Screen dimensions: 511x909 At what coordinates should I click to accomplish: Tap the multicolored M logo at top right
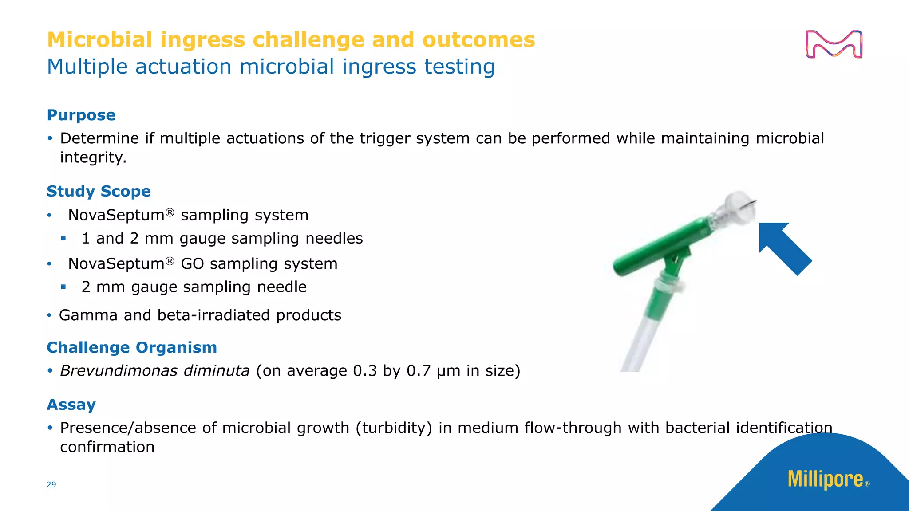tap(834, 44)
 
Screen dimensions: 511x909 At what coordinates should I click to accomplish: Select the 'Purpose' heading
tap(81, 115)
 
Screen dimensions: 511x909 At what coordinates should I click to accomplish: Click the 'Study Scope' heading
tap(99, 191)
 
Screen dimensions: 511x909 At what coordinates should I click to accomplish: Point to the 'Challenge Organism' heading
tap(132, 347)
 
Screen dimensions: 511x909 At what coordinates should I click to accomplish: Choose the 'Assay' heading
tap(71, 405)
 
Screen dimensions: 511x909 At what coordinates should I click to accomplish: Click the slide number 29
tap(51, 484)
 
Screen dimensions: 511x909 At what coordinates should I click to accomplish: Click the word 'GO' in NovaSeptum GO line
tap(192, 264)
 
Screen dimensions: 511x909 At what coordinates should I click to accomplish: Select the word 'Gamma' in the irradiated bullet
tap(88, 315)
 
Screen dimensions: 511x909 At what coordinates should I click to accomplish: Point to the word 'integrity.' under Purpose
tap(93, 157)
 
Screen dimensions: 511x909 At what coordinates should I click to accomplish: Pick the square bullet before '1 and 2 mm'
tap(63, 239)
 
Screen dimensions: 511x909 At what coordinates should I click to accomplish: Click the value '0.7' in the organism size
tap(419, 370)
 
